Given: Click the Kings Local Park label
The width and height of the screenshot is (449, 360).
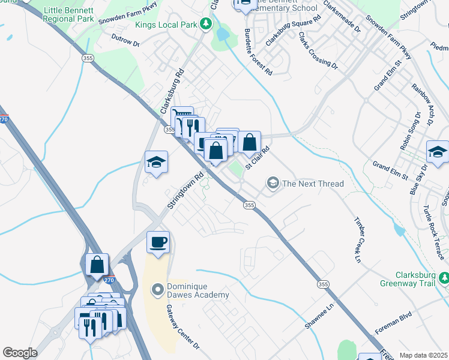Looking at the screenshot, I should coord(165,24).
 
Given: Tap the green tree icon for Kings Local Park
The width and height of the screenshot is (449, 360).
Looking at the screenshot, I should coord(206,24).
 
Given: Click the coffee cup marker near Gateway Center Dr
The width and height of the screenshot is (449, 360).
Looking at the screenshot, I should coord(158,242).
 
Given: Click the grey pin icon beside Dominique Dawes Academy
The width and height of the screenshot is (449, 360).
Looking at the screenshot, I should coord(158,291).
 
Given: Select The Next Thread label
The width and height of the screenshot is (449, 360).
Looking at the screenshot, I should coord(313,184).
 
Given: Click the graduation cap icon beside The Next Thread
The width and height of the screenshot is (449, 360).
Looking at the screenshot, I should coord(273,182).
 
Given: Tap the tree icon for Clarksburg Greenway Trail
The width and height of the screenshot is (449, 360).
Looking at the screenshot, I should coord(443,277).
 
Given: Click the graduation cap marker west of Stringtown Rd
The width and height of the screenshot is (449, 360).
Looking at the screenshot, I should coord(156,162).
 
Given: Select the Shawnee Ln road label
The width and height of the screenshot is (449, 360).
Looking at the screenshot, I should coord(319,314).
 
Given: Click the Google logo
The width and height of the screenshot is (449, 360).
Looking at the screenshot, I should coord(20,353).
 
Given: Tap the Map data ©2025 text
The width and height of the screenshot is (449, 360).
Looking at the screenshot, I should coord(423,355).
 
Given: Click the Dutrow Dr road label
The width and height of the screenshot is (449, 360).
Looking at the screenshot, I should coord(125,40).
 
